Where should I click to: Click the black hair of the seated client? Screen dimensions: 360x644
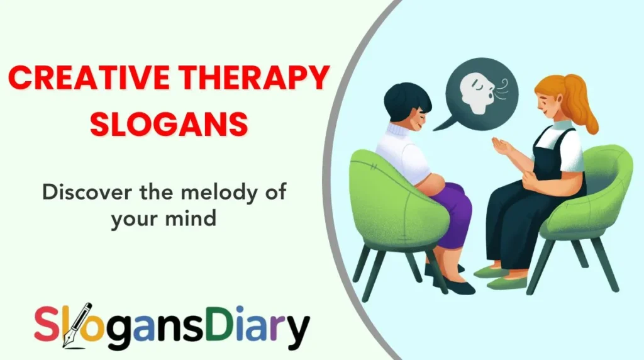408,101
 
